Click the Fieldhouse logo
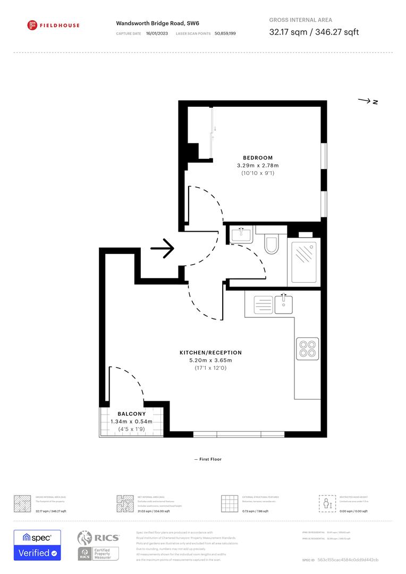coord(53,24)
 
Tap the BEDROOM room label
coord(258,158)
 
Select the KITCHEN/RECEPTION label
coord(210,352)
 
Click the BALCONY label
coord(131,414)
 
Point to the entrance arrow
coord(163,248)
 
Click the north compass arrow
coord(368,101)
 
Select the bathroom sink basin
coord(242,234)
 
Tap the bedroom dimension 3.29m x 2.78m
coord(258,166)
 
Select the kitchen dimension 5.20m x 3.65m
coord(210,360)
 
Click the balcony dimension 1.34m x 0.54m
coord(131,421)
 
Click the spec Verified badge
coord(37,545)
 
